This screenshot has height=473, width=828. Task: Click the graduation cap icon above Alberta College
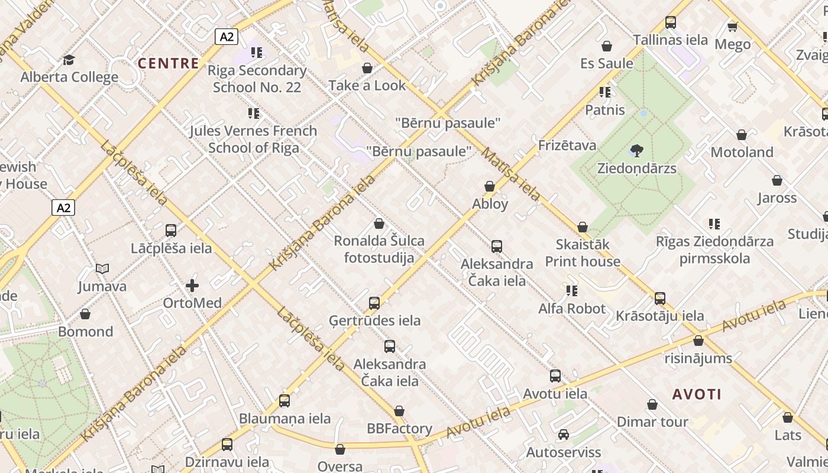point(69,60)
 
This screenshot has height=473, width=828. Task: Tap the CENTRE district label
point(169,63)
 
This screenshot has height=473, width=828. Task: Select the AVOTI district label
point(697,394)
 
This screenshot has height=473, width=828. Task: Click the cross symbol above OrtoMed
point(192,286)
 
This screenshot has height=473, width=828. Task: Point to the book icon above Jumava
point(102,269)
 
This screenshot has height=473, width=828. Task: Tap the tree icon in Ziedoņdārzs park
point(636,151)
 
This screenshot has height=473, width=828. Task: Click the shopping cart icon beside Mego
point(733,27)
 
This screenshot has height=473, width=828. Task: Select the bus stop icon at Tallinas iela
point(670,22)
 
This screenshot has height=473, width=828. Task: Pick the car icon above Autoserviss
point(564,435)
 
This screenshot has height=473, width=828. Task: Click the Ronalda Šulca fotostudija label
point(379,249)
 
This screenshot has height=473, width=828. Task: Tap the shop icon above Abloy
point(490,186)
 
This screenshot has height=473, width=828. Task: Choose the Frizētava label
point(567,145)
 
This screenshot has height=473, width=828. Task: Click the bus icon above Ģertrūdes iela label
point(374,303)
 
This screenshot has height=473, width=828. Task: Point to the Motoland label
point(742,152)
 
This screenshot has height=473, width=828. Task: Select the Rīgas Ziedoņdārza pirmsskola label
point(714,250)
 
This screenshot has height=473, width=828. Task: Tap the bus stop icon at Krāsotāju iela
point(660,299)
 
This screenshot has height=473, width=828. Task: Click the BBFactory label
point(399,428)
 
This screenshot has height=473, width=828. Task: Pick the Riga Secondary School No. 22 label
point(257,79)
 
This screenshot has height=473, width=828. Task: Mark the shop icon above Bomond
point(85,314)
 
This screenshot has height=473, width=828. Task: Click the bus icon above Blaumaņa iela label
point(284,401)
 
